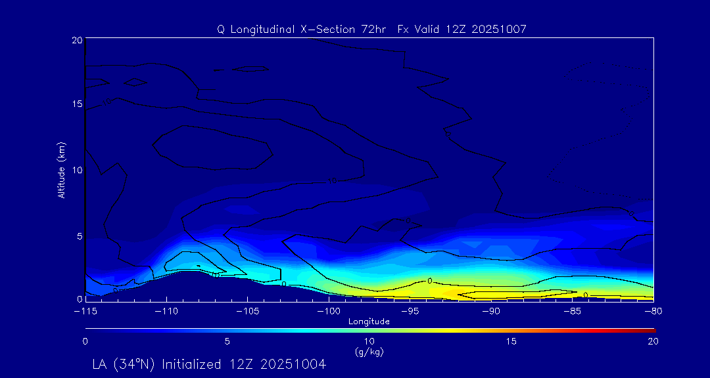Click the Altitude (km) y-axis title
(x=61, y=169)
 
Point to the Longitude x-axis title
(x=369, y=322)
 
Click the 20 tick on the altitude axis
(x=76, y=40)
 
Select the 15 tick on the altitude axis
(x=76, y=104)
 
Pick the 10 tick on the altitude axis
(x=76, y=169)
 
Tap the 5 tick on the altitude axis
(x=78, y=234)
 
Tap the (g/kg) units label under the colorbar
(x=369, y=352)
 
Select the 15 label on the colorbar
(x=511, y=341)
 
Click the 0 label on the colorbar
(x=85, y=341)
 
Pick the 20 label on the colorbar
(x=653, y=341)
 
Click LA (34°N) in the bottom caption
(x=124, y=364)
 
